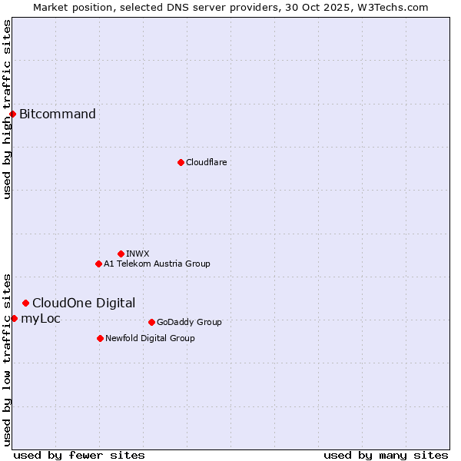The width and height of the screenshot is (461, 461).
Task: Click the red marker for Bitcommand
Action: click(12, 114)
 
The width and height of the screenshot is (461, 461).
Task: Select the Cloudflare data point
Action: click(181, 162)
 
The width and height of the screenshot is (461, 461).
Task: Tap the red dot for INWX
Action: click(121, 254)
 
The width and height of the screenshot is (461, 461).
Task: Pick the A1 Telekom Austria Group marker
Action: click(98, 264)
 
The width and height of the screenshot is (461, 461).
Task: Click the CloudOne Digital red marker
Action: click(25, 303)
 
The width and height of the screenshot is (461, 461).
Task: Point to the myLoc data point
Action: click(14, 318)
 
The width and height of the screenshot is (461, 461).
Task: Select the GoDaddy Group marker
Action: click(151, 322)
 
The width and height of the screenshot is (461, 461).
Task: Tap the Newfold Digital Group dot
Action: click(100, 338)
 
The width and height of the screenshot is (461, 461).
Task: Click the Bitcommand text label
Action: click(58, 114)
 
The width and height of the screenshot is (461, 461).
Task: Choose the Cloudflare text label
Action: click(206, 162)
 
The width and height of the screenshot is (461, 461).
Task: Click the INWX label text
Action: click(138, 254)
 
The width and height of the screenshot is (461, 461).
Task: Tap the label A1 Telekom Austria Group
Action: click(157, 264)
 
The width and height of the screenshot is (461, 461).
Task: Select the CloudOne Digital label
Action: click(84, 303)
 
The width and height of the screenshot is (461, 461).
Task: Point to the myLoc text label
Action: click(41, 318)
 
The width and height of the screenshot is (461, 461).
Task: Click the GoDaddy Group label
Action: click(189, 322)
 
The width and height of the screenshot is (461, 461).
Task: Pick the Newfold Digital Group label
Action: click(150, 338)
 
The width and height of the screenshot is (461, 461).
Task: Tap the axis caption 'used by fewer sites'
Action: click(79, 455)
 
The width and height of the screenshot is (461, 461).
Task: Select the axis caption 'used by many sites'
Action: click(386, 455)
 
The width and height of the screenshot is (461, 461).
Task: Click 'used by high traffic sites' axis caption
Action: click(7, 109)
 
